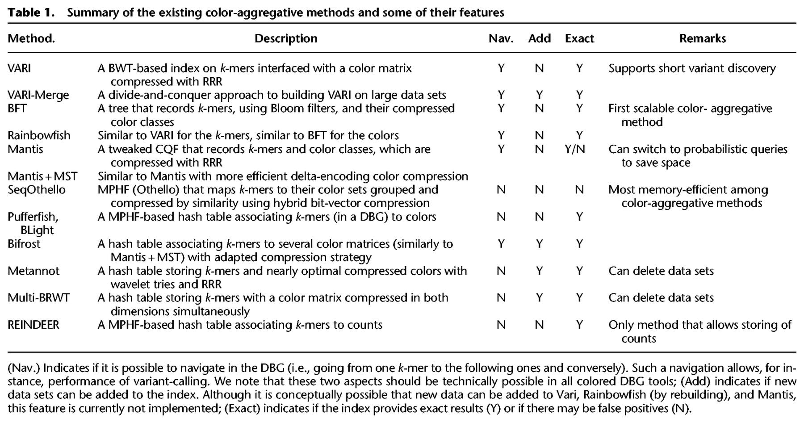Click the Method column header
point(31,38)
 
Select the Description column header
point(286,38)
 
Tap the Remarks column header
point(703,38)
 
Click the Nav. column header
point(501,38)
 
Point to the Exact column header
point(579,38)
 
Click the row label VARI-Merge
point(38,95)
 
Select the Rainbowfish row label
point(39,135)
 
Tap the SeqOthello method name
point(37,190)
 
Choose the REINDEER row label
point(33,325)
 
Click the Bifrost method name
point(24,244)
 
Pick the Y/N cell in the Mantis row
point(575,149)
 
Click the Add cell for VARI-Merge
point(539,95)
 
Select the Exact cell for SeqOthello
point(579,190)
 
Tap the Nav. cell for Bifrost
point(501,244)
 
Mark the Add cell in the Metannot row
point(539,271)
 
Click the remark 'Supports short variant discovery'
point(692,68)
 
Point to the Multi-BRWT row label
point(39,298)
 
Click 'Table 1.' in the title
point(31,13)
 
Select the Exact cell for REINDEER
point(579,325)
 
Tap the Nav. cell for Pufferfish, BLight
point(501,217)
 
